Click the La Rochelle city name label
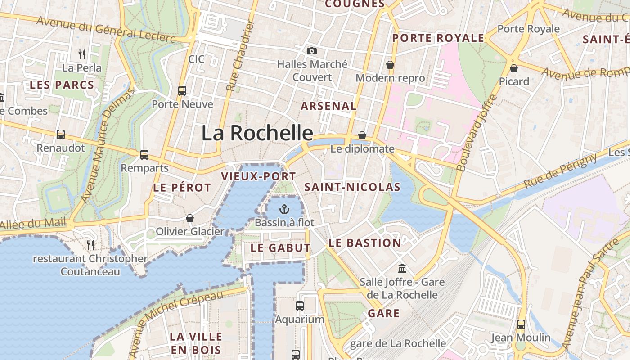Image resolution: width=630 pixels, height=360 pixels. coord(257,133)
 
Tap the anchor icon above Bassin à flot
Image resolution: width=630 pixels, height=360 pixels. coord(284,209)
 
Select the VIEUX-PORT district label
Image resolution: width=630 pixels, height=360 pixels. coord(259,176)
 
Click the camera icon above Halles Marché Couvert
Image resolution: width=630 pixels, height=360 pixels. coord(311,51)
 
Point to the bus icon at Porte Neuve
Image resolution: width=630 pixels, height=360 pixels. coord(182,90)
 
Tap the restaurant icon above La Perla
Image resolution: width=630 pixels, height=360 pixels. coord(82,54)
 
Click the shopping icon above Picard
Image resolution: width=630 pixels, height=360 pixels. coord(513,68)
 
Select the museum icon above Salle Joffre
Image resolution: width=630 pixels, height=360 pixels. coord(402,269)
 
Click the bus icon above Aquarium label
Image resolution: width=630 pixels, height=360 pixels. coord(300,306)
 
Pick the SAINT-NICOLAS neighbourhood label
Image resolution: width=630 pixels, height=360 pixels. coord(352,187)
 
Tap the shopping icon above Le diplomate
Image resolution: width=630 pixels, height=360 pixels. coord(362,135)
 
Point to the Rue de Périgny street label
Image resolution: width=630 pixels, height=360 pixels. coord(560,171)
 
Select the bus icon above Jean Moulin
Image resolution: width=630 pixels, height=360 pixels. coord(521,324)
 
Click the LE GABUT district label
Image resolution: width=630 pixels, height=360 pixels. coord(280,248)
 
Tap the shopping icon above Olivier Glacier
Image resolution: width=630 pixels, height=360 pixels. coord(190,218)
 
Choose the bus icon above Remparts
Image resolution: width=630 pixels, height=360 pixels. coord(144,154)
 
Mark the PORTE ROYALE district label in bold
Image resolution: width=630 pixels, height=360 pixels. coord(438,38)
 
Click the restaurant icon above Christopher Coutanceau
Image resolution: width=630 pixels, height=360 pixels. coord(90,245)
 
